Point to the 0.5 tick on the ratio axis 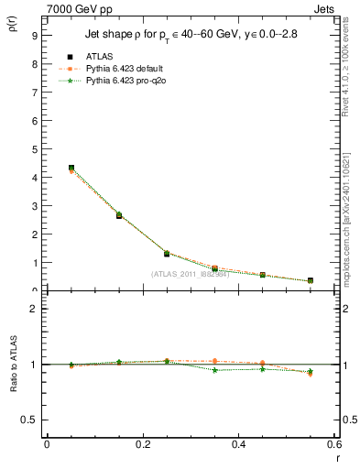(29, 420)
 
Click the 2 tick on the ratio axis (34, 309)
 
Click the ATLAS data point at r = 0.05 (71, 169)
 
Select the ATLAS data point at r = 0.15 (119, 215)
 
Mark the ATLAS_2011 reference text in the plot (191, 274)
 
